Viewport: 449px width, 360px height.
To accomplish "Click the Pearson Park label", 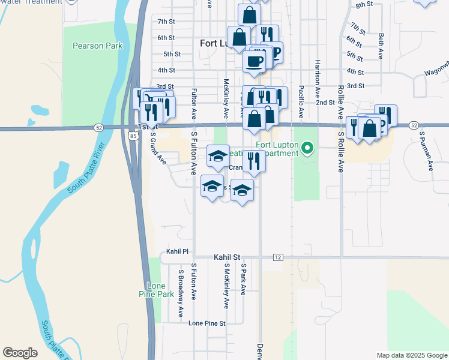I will pyautogui.click(x=97, y=46).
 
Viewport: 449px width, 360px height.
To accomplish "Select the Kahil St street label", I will pyautogui.click(x=227, y=257).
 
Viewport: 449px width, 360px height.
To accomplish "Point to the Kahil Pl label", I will pyautogui.click(x=178, y=251).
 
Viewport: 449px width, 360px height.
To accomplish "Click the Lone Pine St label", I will pyautogui.click(x=206, y=323).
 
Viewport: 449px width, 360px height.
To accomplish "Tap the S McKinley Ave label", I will pyautogui.click(x=226, y=286).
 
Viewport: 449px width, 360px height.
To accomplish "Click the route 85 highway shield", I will pyautogui.click(x=131, y=136).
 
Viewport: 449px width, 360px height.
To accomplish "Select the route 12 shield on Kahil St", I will pyautogui.click(x=277, y=257).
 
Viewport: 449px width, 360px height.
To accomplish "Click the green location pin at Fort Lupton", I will pyautogui.click(x=308, y=147).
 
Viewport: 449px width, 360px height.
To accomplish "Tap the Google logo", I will pyautogui.click(x=20, y=353).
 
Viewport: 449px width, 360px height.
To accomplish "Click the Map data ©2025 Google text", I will pyautogui.click(x=411, y=355).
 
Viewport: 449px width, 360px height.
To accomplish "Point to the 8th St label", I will pyautogui.click(x=364, y=5).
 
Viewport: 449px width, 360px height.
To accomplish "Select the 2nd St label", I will pyautogui.click(x=325, y=103).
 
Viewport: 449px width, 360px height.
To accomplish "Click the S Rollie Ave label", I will pyautogui.click(x=340, y=152).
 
